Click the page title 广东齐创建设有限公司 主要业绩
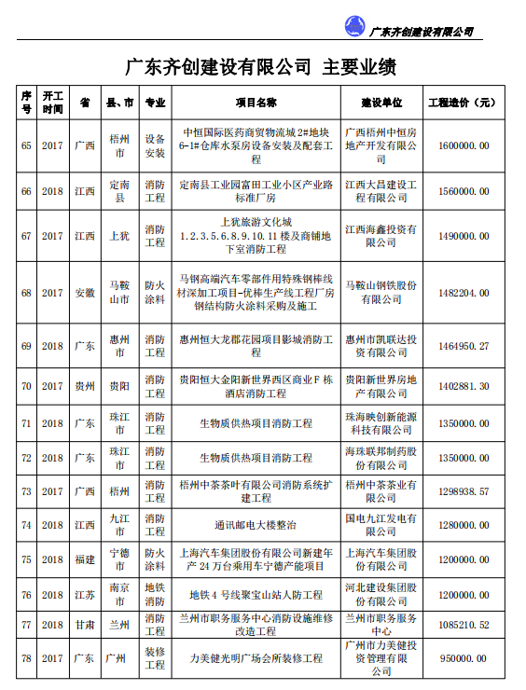tap(262, 67)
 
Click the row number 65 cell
tap(26, 145)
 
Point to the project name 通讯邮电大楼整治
tap(255, 525)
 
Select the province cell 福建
tap(85, 559)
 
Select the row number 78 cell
tap(26, 658)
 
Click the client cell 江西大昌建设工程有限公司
tap(381, 191)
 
